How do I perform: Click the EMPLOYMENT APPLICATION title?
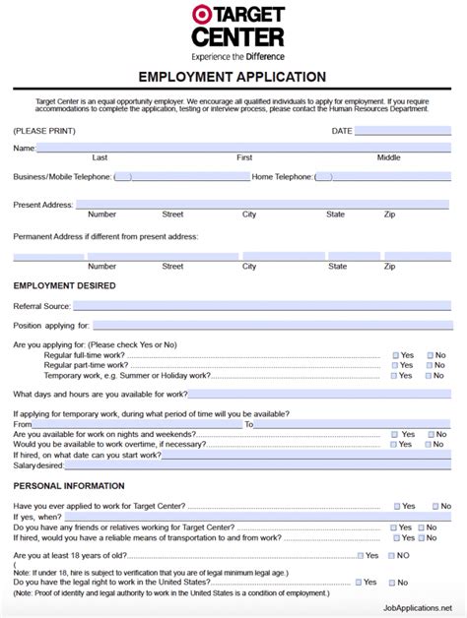coord(233,77)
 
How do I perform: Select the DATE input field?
coord(402,130)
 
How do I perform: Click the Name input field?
coord(243,148)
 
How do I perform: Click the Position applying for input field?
coord(272,325)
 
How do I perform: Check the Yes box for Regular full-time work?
coord(396,355)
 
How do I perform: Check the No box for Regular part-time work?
coord(430,365)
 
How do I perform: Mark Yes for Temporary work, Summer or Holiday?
coord(396,376)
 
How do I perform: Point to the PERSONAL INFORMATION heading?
coord(69,486)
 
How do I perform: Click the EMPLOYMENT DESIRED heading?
coord(64,285)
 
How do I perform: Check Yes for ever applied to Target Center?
coord(397,506)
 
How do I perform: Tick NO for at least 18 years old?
coord(392,555)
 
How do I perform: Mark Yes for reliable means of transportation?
coord(397,538)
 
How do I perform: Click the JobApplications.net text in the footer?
coord(413,608)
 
